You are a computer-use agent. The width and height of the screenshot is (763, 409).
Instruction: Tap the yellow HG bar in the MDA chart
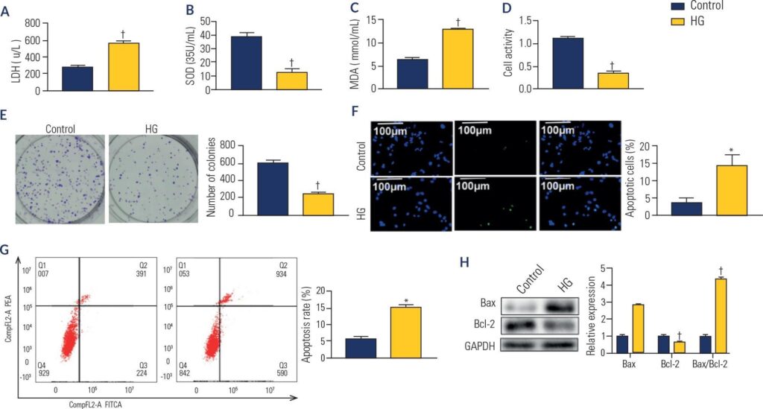(x=457, y=59)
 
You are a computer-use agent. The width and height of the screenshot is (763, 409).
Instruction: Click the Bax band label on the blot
(x=489, y=303)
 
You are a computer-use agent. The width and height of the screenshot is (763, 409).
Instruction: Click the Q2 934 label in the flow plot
(x=279, y=270)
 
